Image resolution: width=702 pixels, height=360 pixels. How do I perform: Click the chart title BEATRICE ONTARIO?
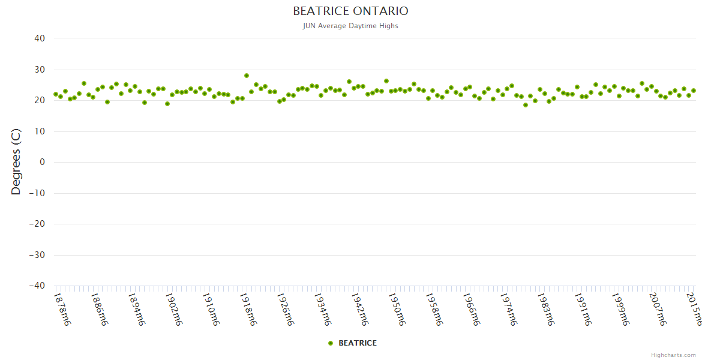click(350, 11)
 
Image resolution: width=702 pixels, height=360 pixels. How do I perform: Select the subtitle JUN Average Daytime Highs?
click(350, 26)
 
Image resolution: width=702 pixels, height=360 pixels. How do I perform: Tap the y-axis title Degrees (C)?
click(16, 163)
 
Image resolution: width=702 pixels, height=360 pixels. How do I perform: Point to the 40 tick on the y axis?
click(40, 38)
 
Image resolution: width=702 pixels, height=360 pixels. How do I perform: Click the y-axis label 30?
click(40, 70)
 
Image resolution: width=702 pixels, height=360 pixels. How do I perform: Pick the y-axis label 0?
click(42, 163)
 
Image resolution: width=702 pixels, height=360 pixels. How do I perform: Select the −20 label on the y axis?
click(37, 224)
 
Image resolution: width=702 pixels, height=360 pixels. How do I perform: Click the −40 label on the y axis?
click(37, 286)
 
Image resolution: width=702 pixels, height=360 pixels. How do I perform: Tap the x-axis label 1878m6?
click(63, 309)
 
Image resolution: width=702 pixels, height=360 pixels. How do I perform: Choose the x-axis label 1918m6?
click(248, 309)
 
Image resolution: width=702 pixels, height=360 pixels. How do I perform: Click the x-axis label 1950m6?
click(397, 309)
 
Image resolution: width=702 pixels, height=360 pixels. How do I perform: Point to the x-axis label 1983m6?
click(545, 309)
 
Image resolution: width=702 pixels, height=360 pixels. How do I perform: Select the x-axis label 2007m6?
click(656, 309)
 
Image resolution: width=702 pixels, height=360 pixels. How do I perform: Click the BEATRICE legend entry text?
click(358, 343)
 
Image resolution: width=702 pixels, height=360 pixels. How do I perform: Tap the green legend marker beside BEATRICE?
click(331, 343)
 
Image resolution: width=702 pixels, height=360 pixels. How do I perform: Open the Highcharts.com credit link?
click(673, 355)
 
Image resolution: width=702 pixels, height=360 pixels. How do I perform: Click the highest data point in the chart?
click(247, 76)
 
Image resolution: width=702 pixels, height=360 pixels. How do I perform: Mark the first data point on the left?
click(56, 94)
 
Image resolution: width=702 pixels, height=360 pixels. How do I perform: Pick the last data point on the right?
click(693, 91)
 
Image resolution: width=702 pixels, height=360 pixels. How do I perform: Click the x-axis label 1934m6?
click(322, 309)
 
